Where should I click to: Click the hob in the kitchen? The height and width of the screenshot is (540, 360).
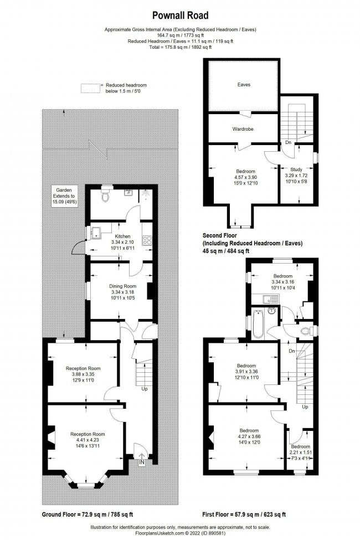click(148, 240)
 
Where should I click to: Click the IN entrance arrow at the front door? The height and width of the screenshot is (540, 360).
click(142, 461)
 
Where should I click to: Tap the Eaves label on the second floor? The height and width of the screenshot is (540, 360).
click(243, 85)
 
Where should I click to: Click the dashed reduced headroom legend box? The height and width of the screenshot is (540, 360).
click(91, 87)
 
